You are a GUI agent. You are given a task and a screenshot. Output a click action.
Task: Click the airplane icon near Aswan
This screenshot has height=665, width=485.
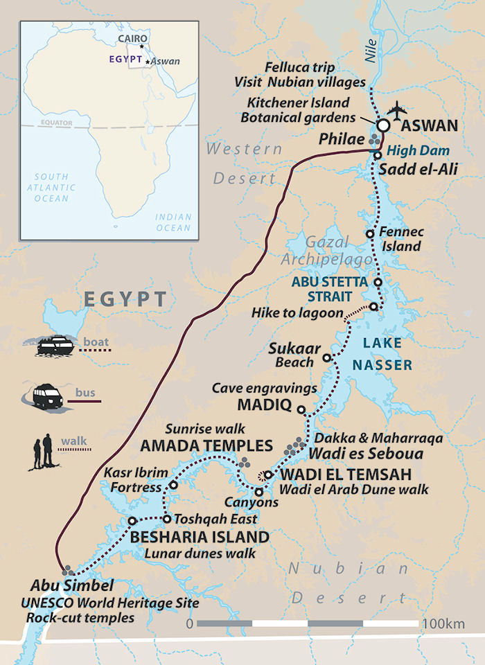click(x=398, y=109)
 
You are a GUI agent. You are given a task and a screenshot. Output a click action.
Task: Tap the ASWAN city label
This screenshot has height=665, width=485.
click(x=430, y=126)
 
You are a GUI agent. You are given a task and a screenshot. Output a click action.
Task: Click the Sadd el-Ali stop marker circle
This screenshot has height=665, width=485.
click(x=378, y=156)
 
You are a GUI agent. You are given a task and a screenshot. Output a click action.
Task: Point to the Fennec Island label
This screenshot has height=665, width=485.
click(x=402, y=239)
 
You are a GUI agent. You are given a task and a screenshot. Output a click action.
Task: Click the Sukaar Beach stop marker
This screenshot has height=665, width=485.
click(x=328, y=360)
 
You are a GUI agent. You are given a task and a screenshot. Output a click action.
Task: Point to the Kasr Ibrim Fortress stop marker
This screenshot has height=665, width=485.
click(x=173, y=486)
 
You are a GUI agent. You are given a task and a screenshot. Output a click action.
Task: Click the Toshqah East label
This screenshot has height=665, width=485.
click(x=215, y=519)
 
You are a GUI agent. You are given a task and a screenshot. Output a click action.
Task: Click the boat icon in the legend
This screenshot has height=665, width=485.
click(x=55, y=346)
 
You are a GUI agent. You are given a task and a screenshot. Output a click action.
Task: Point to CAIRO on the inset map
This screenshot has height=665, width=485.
click(x=134, y=39)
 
